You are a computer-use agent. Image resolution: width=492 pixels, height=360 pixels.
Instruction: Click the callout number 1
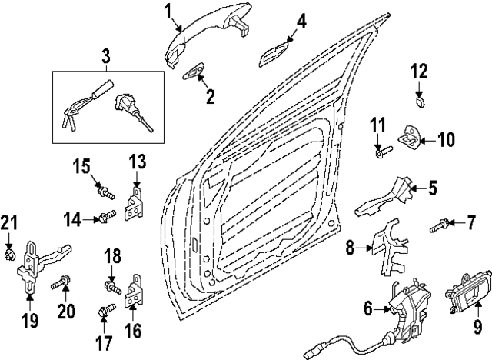tap(168, 11)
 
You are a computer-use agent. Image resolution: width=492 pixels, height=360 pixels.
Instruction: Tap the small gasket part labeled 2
tap(193, 72)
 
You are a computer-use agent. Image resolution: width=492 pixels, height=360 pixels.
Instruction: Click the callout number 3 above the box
tap(106, 56)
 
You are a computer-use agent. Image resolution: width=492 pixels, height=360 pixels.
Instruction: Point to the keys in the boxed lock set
tap(70, 120)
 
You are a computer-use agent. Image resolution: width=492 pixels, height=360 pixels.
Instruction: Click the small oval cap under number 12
tap(420, 102)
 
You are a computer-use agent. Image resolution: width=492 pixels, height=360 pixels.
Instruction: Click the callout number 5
tap(432, 188)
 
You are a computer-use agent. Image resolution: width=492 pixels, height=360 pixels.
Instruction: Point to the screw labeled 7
tap(440, 226)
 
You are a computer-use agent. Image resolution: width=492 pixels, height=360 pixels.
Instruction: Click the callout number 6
tap(368, 308)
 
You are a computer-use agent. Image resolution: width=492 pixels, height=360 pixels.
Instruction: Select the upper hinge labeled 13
tap(135, 204)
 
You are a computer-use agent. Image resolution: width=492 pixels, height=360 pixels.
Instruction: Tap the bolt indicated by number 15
tap(105, 192)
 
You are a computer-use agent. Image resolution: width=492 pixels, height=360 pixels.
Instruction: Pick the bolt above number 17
tap(107, 310)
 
